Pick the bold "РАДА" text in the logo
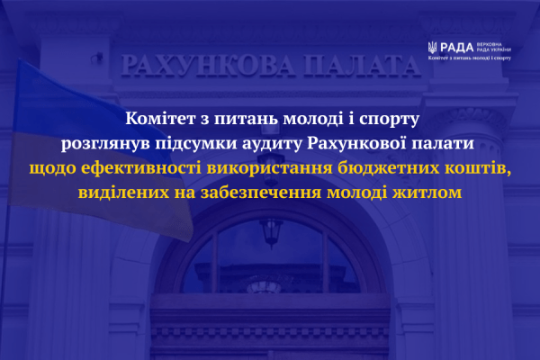point(456,47)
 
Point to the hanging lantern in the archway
point(270,231)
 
